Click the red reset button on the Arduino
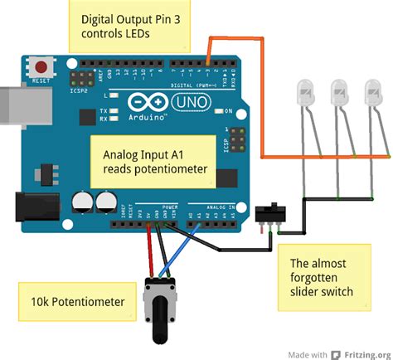(39, 65)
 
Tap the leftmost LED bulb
(305, 93)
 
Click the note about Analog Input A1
(158, 162)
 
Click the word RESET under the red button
(39, 80)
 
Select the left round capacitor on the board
(82, 202)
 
